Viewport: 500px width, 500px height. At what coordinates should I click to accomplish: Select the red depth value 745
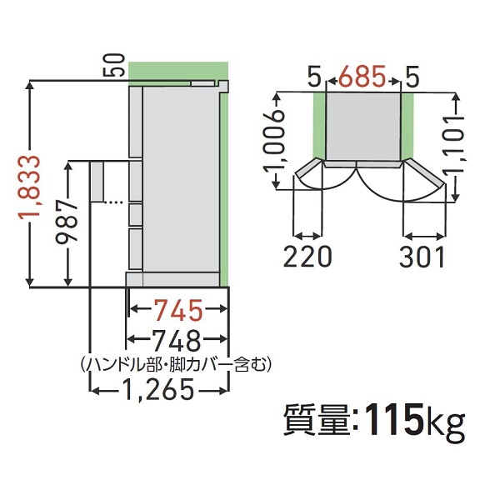177,312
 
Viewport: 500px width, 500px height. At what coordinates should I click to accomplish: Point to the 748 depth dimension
177,340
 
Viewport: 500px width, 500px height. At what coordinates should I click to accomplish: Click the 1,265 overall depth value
158,388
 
